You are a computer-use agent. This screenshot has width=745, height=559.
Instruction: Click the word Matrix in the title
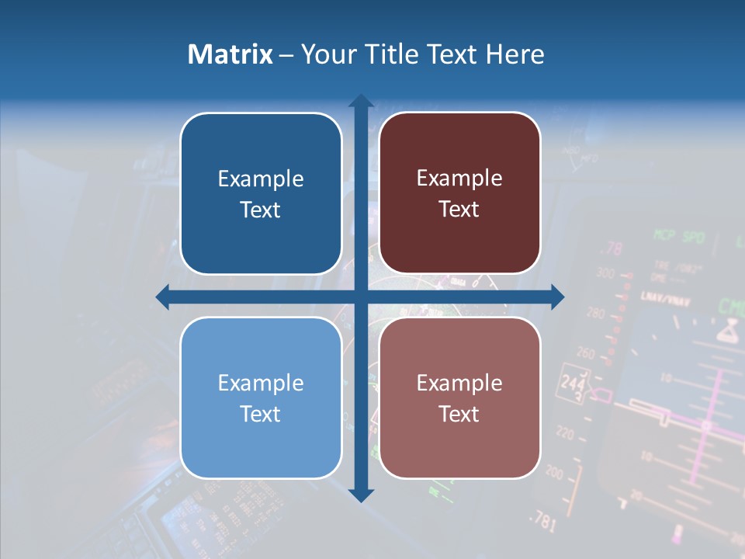tap(230, 54)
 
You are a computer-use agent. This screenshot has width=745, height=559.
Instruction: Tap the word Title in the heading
tap(391, 54)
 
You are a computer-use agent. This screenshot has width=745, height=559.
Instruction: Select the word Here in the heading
tap(515, 54)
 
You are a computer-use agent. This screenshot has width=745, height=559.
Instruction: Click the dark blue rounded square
tap(261, 193)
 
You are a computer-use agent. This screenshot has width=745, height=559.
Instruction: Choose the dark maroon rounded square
tap(459, 193)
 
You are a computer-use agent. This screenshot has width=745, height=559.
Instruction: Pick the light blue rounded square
tap(261, 398)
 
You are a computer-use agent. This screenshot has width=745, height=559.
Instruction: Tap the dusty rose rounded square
tap(459, 398)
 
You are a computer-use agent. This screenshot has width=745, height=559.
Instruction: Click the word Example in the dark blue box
tap(261, 179)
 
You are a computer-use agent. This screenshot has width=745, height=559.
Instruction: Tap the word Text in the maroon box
tap(459, 210)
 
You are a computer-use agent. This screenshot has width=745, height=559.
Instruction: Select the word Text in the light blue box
tap(260, 414)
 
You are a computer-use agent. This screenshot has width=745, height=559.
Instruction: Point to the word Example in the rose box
tap(459, 383)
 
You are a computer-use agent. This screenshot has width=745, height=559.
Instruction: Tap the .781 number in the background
tap(544, 522)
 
